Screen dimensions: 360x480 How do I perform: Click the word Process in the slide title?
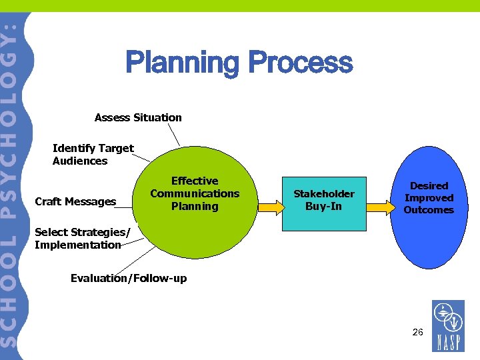300,64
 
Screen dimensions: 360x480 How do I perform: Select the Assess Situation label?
138,118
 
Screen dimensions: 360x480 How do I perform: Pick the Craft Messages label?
75,202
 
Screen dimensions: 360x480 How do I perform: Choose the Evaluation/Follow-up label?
129,278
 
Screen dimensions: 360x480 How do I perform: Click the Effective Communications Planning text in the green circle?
195,194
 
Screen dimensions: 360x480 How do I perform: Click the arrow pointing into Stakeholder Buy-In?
271,207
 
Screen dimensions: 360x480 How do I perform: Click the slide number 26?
418,331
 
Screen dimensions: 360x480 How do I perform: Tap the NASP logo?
448,326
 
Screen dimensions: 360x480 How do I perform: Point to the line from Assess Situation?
173,136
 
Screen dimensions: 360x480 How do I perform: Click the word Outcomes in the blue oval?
429,210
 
